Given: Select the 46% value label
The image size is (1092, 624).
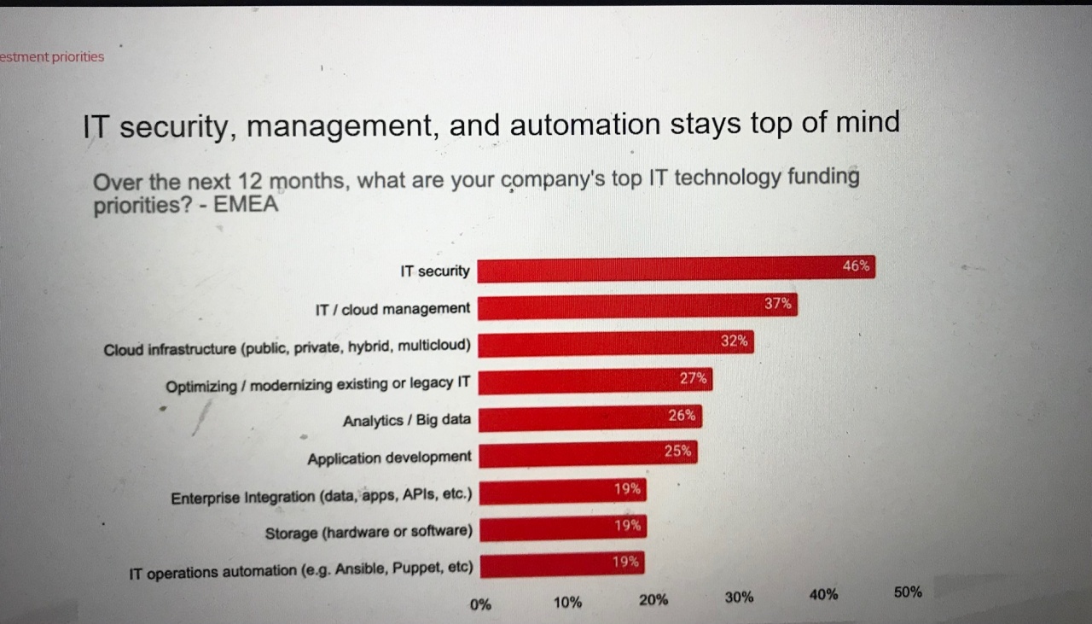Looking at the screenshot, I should coord(856,265).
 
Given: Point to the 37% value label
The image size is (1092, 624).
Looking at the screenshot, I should coord(777,302).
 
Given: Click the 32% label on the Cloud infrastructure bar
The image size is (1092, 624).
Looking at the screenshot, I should coord(734,341).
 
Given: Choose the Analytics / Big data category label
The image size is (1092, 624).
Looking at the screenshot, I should coord(407,421).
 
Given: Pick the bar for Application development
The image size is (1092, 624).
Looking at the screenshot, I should coord(588,453).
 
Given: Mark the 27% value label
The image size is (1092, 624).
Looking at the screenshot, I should coord(693,378).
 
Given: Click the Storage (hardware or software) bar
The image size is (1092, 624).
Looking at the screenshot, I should coord(562,528).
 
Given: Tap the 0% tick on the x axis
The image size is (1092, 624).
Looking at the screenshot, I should coord(480,604).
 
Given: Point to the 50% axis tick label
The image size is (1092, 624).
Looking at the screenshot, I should coord(908,592).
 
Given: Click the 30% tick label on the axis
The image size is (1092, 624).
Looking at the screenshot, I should coord(739,598).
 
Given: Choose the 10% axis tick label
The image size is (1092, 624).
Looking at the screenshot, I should coord(567,603).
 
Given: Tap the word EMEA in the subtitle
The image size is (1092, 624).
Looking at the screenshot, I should coord(252,206).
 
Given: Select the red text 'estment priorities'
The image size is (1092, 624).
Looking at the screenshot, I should coord(52,57).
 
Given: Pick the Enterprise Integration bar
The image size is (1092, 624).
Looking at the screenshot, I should coord(562,492).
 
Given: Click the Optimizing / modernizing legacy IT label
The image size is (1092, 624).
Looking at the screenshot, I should coord(317,384).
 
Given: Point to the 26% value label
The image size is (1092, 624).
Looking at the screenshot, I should coord(682,416).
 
